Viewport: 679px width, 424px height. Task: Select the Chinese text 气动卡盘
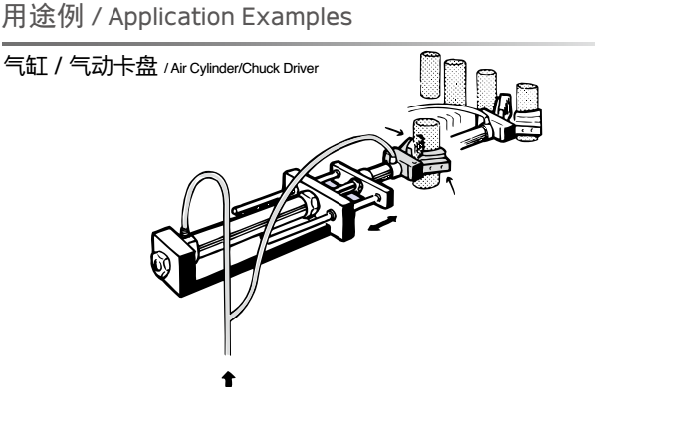119,65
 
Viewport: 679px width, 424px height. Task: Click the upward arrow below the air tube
230,377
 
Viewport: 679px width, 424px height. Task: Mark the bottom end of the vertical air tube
230,349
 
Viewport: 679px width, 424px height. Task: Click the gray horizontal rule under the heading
299,44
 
